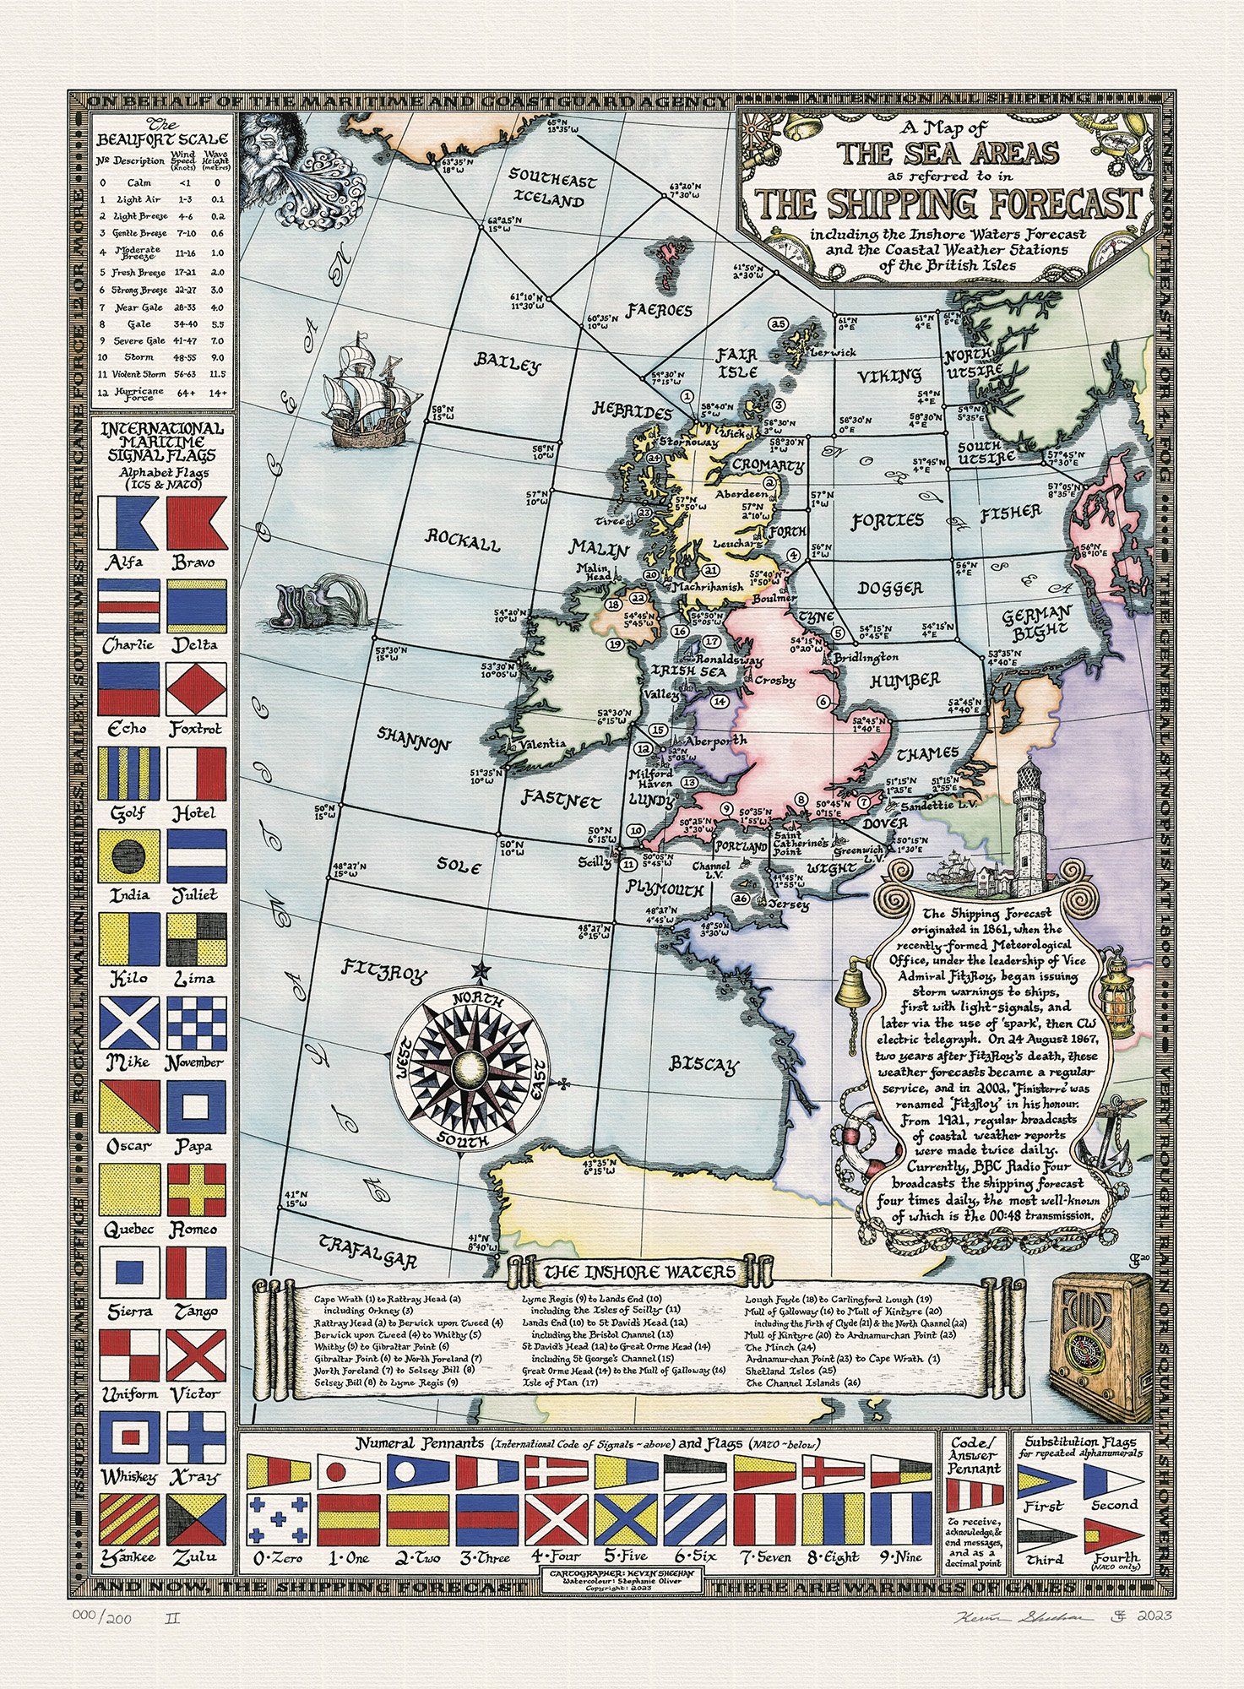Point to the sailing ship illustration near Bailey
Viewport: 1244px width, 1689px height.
[365, 395]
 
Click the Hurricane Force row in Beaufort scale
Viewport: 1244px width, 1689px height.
[160, 392]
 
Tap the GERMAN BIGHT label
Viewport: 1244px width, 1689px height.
[1036, 621]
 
